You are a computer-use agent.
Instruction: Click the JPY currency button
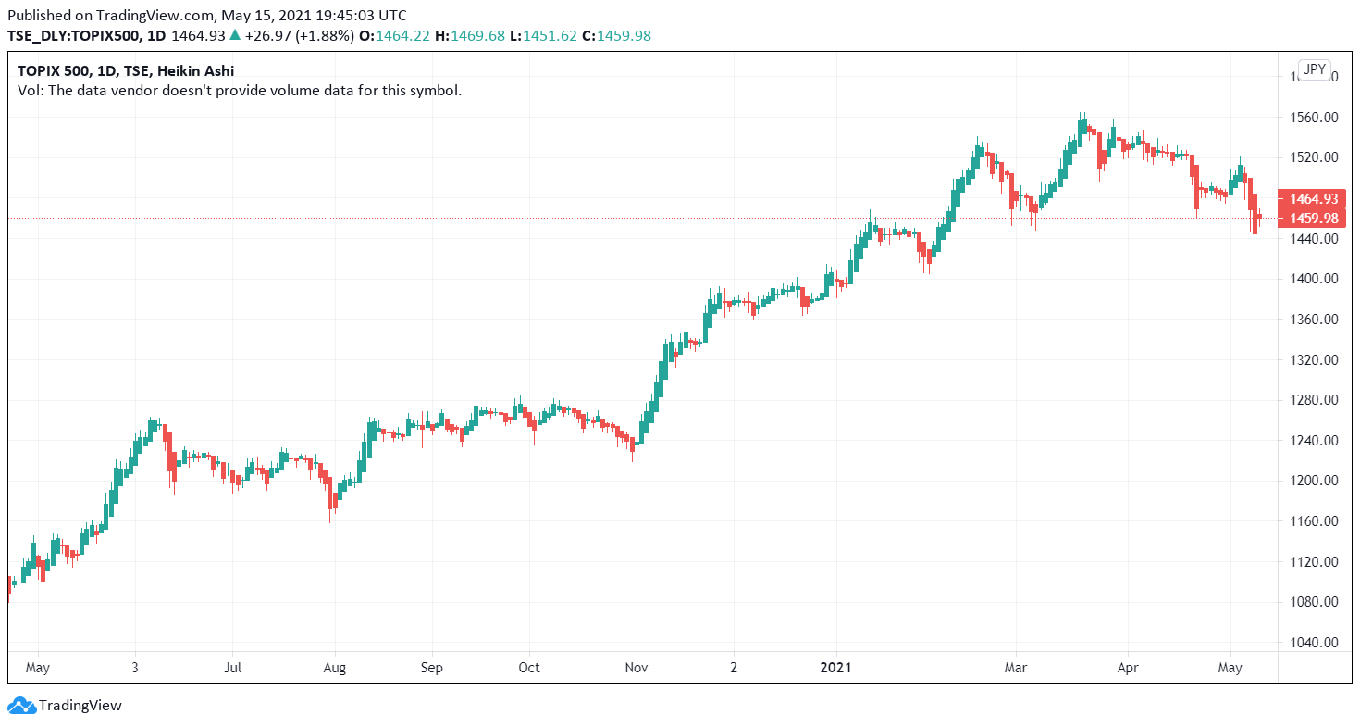coord(1314,69)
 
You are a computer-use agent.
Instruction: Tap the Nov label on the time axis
coord(637,667)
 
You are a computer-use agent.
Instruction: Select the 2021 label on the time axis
coord(836,667)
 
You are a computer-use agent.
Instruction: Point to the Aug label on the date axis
coord(335,667)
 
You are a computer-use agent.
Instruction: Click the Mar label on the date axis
coord(1016,667)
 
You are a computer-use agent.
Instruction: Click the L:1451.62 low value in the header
coord(551,35)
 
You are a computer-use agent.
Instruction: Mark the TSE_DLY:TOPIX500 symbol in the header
coord(74,35)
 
